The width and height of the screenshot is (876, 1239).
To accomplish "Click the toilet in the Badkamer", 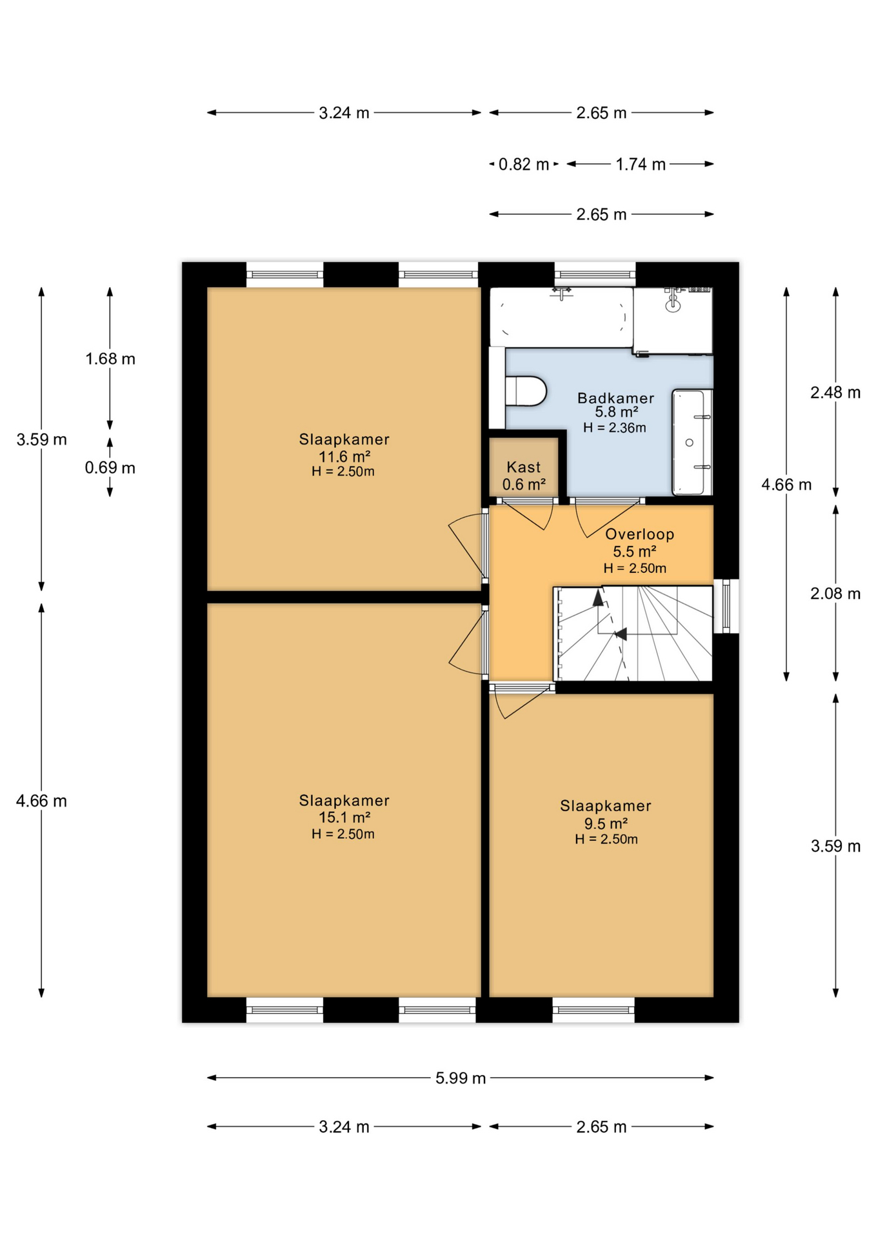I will coord(526,390).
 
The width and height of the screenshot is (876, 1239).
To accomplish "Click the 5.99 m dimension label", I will coord(460,1078).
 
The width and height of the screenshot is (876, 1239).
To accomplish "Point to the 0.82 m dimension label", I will coord(523,164).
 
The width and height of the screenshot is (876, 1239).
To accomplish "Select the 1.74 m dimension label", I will coord(640,164).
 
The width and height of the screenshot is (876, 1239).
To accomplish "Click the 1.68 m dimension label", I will coord(110,359).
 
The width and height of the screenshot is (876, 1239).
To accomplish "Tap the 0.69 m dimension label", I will coord(110,468).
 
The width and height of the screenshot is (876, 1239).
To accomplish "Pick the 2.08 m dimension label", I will coord(835,594).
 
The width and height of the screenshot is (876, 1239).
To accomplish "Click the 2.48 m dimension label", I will coord(835,392).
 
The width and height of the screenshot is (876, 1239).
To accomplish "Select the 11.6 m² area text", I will coord(344,456).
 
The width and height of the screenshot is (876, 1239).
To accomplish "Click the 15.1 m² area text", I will coord(344,818).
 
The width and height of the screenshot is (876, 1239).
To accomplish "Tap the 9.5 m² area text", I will coord(606,823).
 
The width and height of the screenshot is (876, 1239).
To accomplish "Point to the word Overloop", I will coord(639,534).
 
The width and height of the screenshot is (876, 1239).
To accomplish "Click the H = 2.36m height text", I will coord(614,427).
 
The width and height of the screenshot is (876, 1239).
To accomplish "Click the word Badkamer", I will coord(615,398).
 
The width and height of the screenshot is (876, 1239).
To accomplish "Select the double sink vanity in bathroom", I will coord(692,442).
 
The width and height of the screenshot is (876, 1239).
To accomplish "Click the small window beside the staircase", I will coord(726,606).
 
